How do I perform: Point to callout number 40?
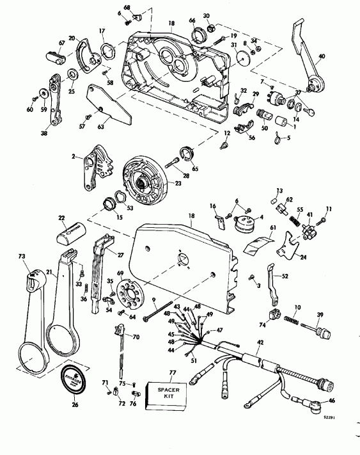click(x=322, y=57)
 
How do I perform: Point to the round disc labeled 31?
click(x=242, y=57)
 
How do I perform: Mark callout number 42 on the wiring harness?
click(x=259, y=344)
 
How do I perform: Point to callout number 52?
click(x=285, y=276)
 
